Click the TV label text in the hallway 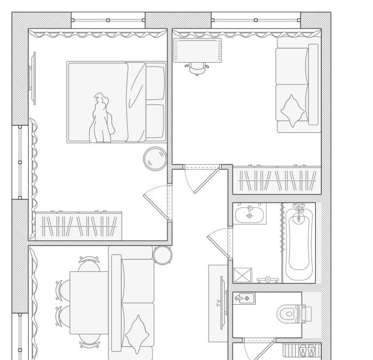click(x=218, y=303)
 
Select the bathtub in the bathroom click(x=299, y=243)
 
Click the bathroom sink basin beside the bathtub click(x=249, y=215)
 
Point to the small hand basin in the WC click(x=244, y=298)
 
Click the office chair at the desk click(x=197, y=68)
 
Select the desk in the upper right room click(x=198, y=50)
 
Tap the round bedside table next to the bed click(x=155, y=159)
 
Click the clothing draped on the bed click(x=102, y=118)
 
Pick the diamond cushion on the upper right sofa click(x=292, y=111)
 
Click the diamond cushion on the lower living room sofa click(x=137, y=334)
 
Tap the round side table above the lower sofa click(x=163, y=255)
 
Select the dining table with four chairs click(x=89, y=303)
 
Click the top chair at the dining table click(x=89, y=263)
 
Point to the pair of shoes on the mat click(x=307, y=351)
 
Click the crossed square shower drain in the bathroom click(x=242, y=275)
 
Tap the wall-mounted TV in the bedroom click(x=33, y=78)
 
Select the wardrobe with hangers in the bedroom click(x=78, y=226)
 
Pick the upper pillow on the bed click(x=155, y=83)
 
